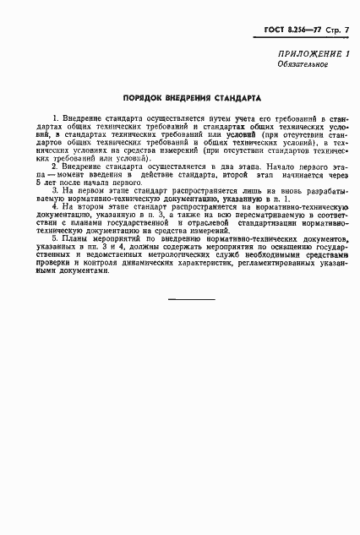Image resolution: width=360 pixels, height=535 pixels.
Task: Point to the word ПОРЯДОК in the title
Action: tap(141, 97)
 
